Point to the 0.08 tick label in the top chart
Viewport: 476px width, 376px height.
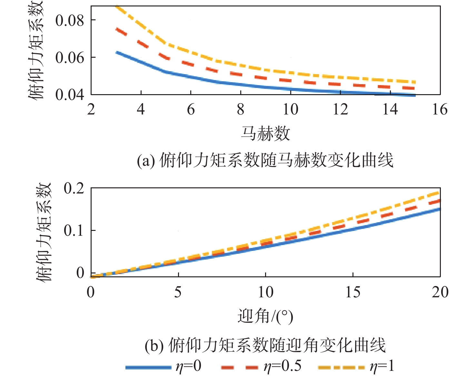70,21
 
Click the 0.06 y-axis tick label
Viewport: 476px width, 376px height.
70,58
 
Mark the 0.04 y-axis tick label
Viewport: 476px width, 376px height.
70,95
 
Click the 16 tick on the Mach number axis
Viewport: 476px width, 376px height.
440,110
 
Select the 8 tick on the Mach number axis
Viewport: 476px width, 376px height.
241,110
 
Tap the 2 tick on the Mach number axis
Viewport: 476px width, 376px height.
91,110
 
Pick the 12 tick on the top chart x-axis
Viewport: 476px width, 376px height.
340,110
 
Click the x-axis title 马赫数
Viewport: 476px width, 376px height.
265,134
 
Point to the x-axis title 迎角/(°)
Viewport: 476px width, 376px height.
265,316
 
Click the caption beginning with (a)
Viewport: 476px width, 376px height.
265,160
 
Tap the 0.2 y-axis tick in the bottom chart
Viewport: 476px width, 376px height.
74,188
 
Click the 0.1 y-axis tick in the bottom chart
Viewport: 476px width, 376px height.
74,231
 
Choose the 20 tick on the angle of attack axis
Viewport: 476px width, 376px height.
440,292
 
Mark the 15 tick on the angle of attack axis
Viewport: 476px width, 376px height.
353,292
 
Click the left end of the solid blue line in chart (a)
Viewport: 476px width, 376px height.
116,52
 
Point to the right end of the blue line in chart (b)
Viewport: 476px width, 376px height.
439,209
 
